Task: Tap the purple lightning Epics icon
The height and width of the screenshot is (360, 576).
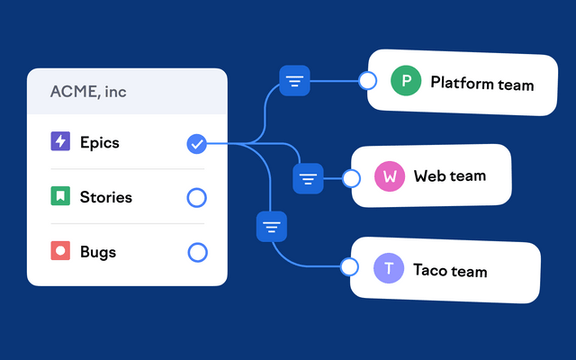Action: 60,141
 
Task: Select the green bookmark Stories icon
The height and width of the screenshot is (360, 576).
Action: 60,196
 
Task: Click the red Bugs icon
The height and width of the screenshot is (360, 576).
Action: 60,251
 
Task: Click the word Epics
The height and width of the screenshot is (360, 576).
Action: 99,142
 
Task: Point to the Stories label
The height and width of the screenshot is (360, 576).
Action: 105,197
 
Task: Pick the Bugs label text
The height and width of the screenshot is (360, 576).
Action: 97,252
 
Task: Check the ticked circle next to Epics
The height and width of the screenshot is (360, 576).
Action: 196,143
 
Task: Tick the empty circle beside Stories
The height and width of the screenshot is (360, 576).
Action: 196,198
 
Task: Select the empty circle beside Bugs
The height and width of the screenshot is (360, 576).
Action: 197,252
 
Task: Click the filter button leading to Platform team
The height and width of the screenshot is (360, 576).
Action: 295,81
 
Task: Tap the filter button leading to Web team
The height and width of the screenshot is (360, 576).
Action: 309,178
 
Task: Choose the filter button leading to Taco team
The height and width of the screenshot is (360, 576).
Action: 272,226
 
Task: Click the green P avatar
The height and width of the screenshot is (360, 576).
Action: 406,82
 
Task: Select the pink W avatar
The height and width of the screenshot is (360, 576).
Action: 390,176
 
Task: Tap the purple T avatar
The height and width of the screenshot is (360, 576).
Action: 389,268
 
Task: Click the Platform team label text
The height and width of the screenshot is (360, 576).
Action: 481,85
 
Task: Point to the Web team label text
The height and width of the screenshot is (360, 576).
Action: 449,176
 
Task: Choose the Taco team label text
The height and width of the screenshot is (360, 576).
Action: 449,270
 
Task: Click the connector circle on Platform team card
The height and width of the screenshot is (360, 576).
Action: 367,81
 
